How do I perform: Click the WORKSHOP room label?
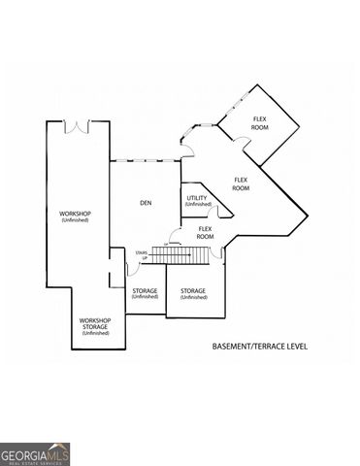[75, 214]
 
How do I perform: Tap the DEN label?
[146, 203]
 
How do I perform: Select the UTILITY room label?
[197, 197]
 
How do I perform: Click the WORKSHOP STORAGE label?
[95, 323]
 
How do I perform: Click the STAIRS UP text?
[142, 254]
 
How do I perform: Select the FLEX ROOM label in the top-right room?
[260, 123]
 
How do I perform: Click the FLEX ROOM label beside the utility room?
[240, 183]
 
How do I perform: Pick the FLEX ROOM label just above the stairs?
[205, 233]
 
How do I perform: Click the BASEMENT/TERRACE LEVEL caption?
[259, 346]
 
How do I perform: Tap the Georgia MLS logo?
[35, 453]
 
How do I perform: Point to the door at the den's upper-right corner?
[187, 148]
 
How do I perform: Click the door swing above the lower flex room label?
[175, 233]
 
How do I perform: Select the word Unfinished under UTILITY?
[197, 205]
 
